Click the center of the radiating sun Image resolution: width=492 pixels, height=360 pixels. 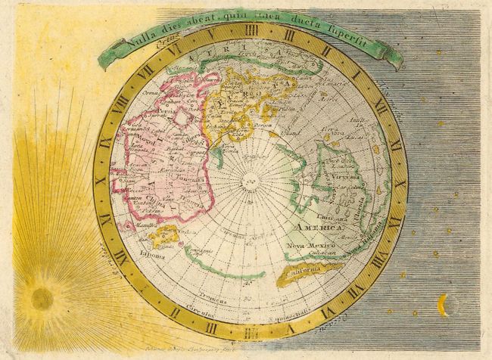42,298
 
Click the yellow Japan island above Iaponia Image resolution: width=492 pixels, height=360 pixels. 163,235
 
